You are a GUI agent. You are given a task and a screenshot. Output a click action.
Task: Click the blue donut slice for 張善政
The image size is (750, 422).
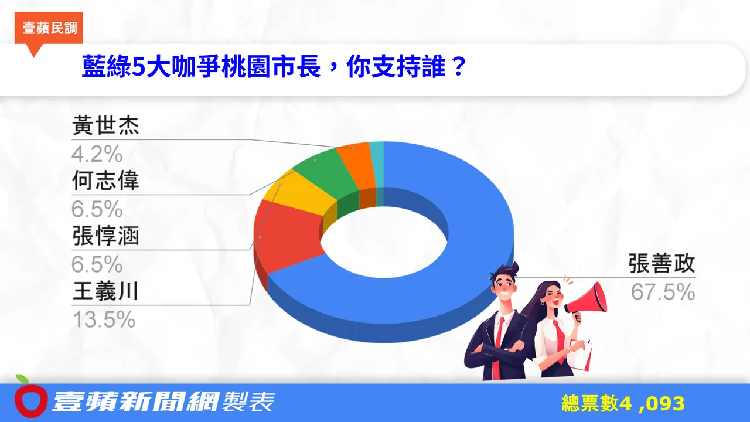(469, 193)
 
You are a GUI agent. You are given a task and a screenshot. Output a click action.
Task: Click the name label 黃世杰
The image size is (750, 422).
(105, 127)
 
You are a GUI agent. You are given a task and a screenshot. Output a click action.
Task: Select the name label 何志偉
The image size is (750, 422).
(105, 181)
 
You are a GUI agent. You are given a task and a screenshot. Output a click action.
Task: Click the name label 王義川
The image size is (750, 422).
(105, 291)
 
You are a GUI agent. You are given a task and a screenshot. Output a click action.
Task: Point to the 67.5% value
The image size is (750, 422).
(663, 292)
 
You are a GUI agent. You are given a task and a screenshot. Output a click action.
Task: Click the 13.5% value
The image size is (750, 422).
(103, 319)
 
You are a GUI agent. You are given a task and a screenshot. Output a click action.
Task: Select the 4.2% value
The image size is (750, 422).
(97, 154)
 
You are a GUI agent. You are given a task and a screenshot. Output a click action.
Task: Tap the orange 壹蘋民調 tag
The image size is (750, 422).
(50, 28)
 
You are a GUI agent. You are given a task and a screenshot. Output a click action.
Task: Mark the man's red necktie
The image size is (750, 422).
(499, 340)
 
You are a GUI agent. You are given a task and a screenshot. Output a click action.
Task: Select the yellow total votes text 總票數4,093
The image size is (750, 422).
(623, 403)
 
